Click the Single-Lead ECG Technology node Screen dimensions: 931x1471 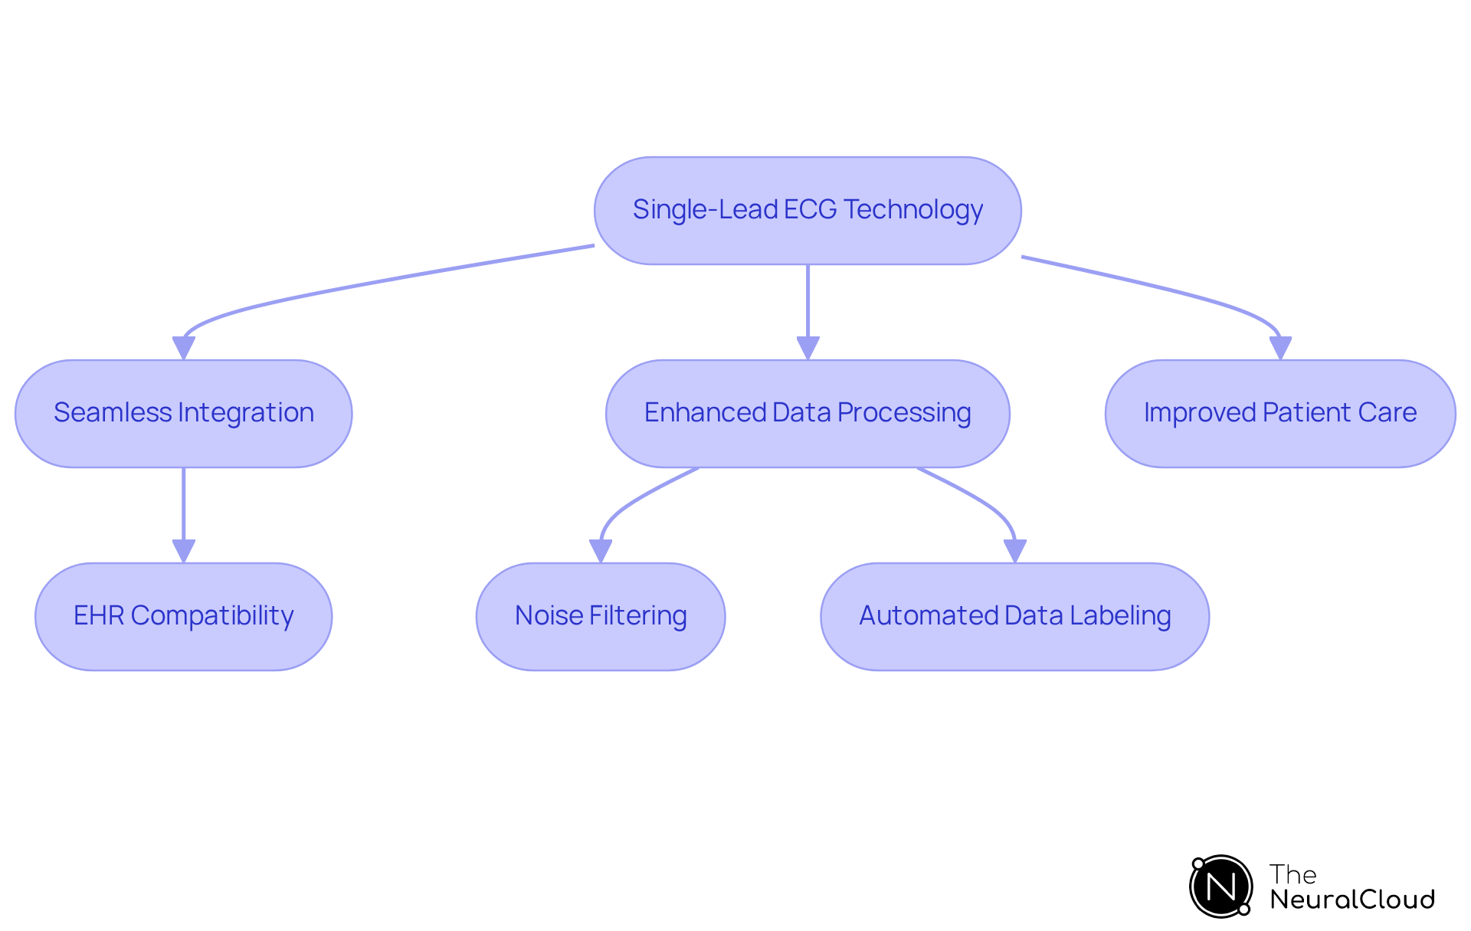pyautogui.click(x=808, y=211)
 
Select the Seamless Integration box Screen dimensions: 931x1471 pyautogui.click(x=183, y=414)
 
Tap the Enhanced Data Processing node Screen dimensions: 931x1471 pyautogui.click(x=808, y=414)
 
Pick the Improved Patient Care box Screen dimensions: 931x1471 pyautogui.click(x=1279, y=414)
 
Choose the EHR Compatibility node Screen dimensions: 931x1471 pyautogui.click(x=183, y=617)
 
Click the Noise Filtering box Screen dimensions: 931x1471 pyautogui.click(x=601, y=617)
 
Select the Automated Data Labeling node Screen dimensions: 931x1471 pyautogui.click(x=1014, y=617)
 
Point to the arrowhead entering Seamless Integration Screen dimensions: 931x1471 pyautogui.click(x=184, y=348)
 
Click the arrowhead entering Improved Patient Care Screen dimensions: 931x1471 pyautogui.click(x=1280, y=348)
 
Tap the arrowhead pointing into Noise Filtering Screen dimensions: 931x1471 pyautogui.click(x=601, y=551)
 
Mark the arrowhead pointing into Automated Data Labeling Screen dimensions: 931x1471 pyautogui.click(x=1015, y=551)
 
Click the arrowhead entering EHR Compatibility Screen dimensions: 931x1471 pyautogui.click(x=184, y=551)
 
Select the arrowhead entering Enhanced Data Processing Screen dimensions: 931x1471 pyautogui.click(x=808, y=348)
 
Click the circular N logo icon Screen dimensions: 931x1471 pyautogui.click(x=1221, y=887)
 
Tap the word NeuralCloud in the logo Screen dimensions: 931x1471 pyautogui.click(x=1352, y=900)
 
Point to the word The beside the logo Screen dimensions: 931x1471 pyautogui.click(x=1292, y=874)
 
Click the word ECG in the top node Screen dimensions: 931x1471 pyautogui.click(x=811, y=209)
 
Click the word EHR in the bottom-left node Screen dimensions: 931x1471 pyautogui.click(x=99, y=615)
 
